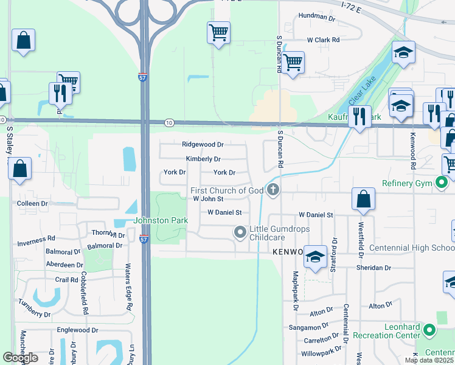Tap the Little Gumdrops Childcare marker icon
(x=240, y=232)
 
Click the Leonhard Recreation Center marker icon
(x=430, y=330)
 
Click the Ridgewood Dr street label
(x=203, y=145)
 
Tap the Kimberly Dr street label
(x=203, y=159)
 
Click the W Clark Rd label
(x=322, y=40)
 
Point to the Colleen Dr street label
(x=32, y=204)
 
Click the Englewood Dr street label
(x=77, y=330)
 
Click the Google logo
(x=21, y=358)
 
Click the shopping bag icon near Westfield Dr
(x=363, y=199)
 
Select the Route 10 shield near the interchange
(x=169, y=123)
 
